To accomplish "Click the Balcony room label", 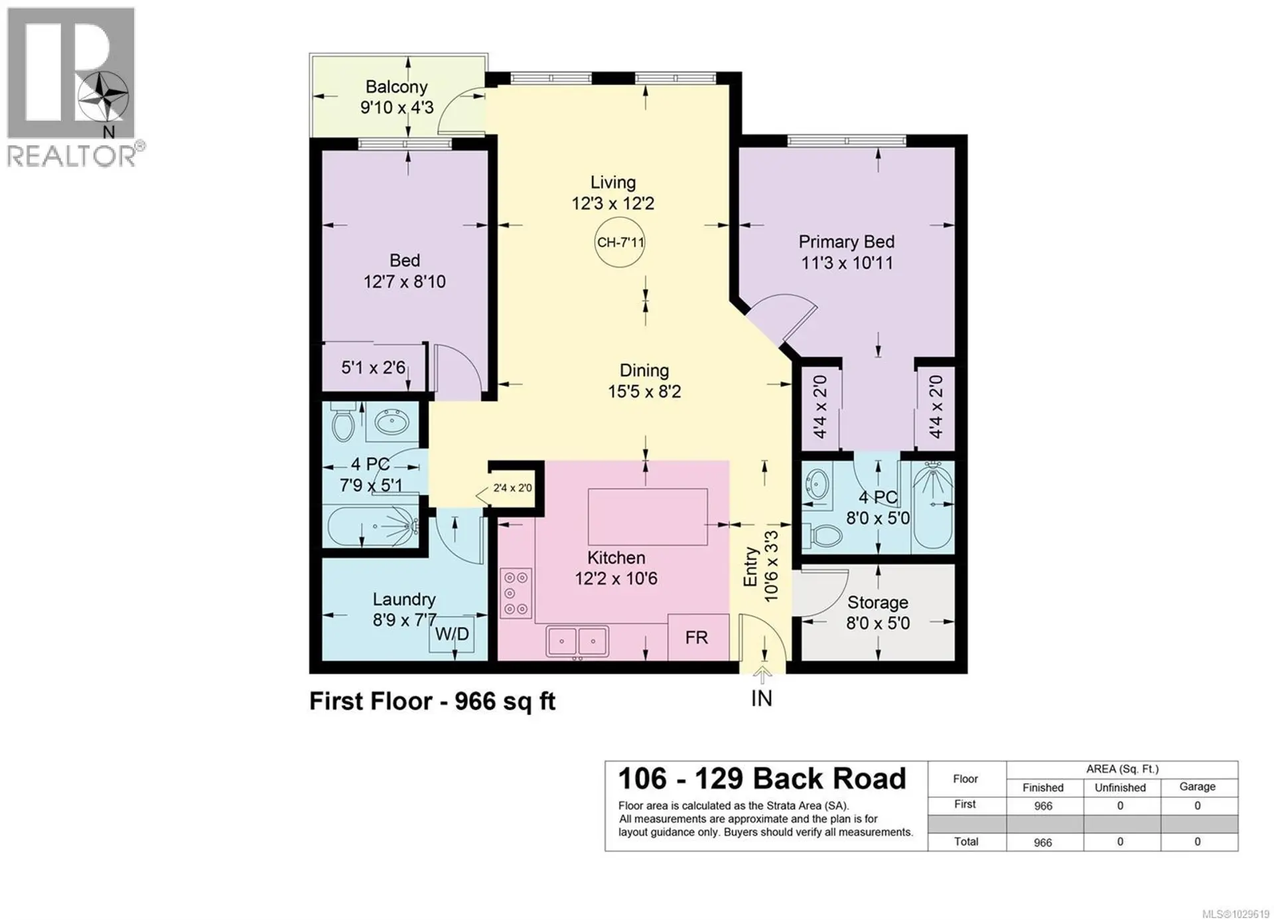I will pos(396,87).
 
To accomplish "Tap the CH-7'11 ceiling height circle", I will pos(620,242).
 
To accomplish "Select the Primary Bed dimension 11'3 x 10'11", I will pos(847,263).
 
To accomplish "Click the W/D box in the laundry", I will pos(452,635).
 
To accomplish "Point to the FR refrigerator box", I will pos(697,638).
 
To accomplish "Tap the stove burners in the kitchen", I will pos(516,593).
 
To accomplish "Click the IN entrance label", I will pos(761,698).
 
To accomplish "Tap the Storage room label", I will pos(877,603).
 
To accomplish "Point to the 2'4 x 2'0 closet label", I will pos(512,489).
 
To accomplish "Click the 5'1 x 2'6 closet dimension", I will pos(373,368).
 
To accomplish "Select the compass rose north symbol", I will pos(103,97).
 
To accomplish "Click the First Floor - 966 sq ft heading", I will pos(432,702).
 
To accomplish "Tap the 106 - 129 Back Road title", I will pos(762,779).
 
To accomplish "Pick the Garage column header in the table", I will pos(1197,787).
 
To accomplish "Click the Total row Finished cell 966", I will pos(1042,842).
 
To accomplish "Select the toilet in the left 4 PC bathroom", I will pos(343,423).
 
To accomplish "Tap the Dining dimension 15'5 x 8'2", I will pos(644,392).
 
